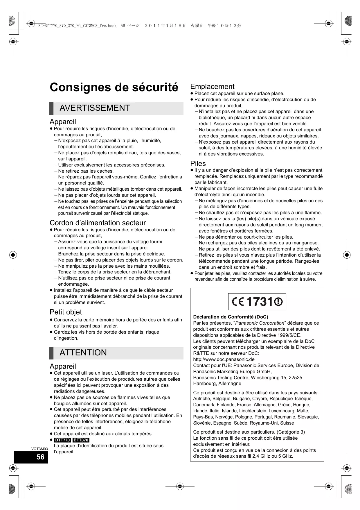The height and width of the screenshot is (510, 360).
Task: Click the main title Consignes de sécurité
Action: click(114, 87)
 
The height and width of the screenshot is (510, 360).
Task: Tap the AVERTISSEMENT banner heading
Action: click(95, 108)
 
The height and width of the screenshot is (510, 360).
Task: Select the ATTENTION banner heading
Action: click(83, 352)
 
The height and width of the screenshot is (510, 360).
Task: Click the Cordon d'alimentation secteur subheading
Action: click(98, 223)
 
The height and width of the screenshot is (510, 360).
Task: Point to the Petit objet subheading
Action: click(66, 312)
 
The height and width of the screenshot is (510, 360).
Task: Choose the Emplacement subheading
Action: click(212, 86)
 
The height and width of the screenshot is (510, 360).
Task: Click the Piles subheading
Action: click(198, 163)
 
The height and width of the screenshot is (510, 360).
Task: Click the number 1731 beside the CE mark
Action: click(259, 302)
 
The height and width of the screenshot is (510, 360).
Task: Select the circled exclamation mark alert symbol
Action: click(278, 302)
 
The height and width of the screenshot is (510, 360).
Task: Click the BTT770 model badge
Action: click(62, 440)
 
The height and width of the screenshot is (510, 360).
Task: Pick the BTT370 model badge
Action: click(81, 440)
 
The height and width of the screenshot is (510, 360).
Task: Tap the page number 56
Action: click(40, 457)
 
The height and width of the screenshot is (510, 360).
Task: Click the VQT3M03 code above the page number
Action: click(39, 449)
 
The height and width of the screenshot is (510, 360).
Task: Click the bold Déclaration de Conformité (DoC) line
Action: click(231, 317)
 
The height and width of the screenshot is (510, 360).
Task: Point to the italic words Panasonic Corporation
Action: click(260, 323)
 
